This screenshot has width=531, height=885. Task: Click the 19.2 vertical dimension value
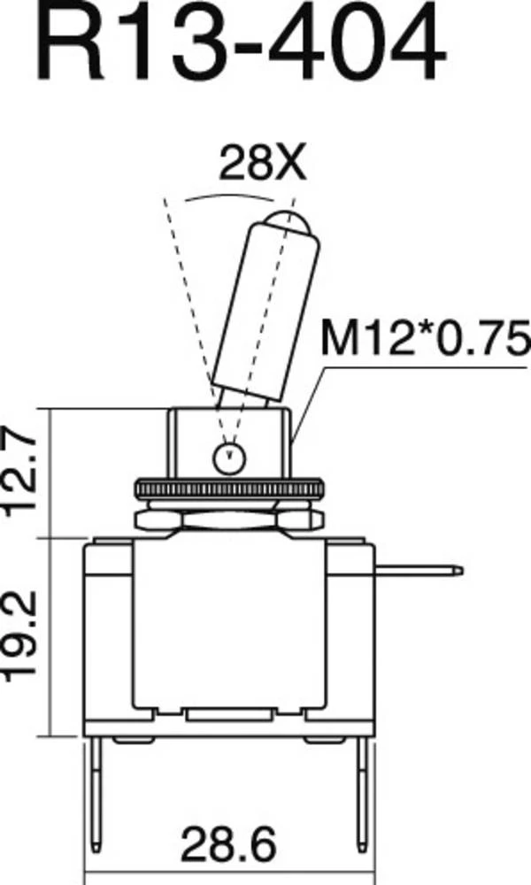point(27,635)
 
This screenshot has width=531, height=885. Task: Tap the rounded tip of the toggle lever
point(287,222)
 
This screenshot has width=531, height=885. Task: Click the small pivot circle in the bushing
point(229,457)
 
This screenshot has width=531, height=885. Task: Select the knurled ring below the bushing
point(229,489)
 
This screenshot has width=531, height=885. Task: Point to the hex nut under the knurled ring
point(229,517)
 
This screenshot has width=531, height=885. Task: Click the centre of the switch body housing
point(228,628)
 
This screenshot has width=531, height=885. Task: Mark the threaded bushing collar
point(229,438)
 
